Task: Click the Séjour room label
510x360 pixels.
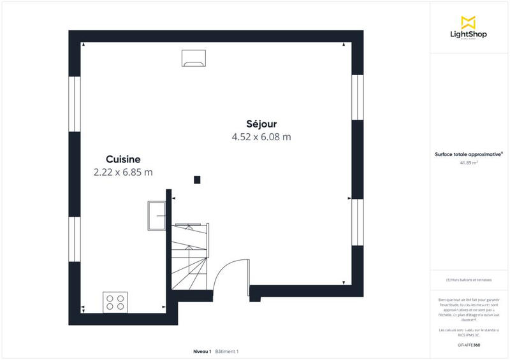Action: pyautogui.click(x=261, y=124)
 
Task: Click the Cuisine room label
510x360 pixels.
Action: pyautogui.click(x=123, y=159)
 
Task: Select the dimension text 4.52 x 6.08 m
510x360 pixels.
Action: pyautogui.click(x=261, y=136)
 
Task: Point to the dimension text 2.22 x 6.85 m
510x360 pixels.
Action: pyautogui.click(x=123, y=172)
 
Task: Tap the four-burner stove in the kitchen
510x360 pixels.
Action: pyautogui.click(x=115, y=301)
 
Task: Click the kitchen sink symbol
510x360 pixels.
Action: pyautogui.click(x=157, y=215)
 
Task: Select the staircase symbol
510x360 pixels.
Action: pyautogui.click(x=189, y=255)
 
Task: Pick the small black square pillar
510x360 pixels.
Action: pyautogui.click(x=198, y=180)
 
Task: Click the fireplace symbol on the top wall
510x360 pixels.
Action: pyautogui.click(x=193, y=57)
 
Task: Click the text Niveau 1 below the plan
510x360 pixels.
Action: pyautogui.click(x=202, y=352)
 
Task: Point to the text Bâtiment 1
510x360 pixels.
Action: pyautogui.click(x=227, y=352)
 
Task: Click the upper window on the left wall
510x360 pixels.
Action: pyautogui.click(x=75, y=104)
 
